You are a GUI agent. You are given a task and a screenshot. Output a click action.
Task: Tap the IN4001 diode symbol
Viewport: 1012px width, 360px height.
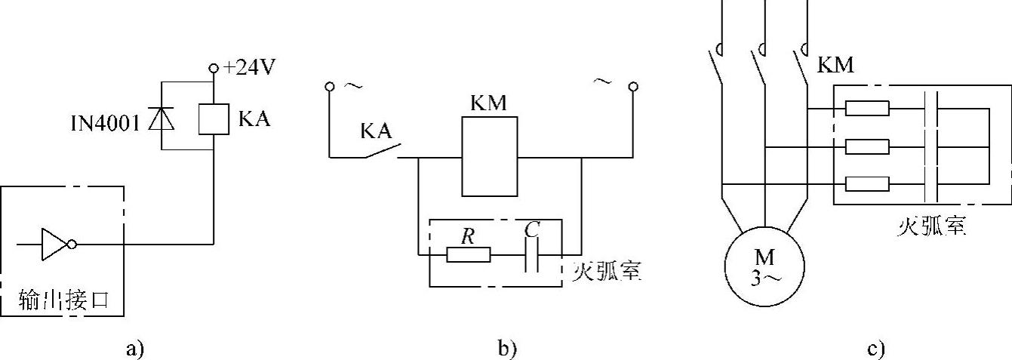(x=161, y=118)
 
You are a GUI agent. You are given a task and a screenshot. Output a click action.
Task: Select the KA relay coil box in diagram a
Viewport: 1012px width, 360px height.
(x=214, y=118)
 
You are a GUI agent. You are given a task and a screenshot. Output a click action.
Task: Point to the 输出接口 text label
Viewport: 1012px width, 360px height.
(x=65, y=300)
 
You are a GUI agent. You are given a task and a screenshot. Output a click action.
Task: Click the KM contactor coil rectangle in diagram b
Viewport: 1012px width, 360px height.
(x=490, y=158)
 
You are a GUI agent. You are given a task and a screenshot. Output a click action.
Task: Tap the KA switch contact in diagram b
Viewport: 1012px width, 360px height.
(x=382, y=150)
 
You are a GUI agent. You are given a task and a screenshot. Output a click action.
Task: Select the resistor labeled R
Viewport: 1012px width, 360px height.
(x=468, y=255)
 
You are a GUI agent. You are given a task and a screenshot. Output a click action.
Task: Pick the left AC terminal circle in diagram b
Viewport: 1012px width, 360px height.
(x=329, y=87)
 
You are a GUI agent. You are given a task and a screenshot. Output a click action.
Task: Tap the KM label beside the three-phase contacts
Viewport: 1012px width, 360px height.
(x=836, y=66)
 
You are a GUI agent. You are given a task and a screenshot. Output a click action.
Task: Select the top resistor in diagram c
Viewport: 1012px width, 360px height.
(x=867, y=109)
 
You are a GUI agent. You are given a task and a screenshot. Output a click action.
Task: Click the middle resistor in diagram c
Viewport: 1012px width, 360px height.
(x=867, y=146)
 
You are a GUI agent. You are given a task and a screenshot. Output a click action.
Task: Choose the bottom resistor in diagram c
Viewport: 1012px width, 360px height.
(x=867, y=183)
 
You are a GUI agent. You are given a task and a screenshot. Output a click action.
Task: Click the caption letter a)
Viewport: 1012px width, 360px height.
(x=134, y=349)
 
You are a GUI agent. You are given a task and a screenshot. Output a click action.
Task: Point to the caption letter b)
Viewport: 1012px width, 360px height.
(x=507, y=349)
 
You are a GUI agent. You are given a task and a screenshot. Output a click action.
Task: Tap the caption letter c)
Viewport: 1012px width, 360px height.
(x=875, y=349)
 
